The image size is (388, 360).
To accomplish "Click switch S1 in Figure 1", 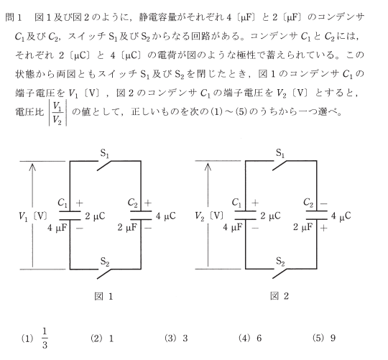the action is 104,165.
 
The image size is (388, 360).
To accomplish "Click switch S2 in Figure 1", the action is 104,274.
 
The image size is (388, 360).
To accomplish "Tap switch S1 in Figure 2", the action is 280,165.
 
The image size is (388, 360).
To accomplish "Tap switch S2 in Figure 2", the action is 280,273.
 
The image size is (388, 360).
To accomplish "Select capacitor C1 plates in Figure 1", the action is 70,216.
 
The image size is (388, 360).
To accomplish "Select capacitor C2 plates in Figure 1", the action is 141,216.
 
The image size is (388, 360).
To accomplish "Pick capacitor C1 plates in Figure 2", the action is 246,216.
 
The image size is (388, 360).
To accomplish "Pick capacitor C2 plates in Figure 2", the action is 317,216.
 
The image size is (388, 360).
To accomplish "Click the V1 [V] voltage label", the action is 32,216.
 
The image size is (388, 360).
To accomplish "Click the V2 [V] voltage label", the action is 209,216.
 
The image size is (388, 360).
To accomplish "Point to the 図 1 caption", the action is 103,296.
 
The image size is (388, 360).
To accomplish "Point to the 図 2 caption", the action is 280,296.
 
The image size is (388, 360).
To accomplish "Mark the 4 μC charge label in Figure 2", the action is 341,216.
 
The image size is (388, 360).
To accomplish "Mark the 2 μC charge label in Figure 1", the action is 95,216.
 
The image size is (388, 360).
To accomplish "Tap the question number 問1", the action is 14,17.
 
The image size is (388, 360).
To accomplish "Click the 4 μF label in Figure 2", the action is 232,227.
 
